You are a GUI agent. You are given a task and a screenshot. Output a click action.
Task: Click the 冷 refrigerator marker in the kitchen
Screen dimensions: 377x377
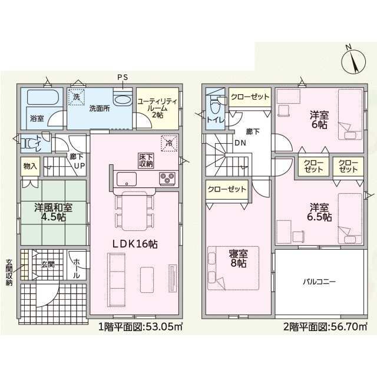click(x=169, y=141)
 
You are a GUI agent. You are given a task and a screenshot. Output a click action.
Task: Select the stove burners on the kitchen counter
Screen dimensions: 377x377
click(x=167, y=177)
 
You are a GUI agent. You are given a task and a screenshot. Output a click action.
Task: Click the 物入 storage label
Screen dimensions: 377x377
click(x=29, y=166)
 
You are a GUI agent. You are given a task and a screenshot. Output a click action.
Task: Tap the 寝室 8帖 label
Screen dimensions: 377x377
click(x=238, y=259)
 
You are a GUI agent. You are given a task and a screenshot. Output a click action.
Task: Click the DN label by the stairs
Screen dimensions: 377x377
click(x=241, y=143)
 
